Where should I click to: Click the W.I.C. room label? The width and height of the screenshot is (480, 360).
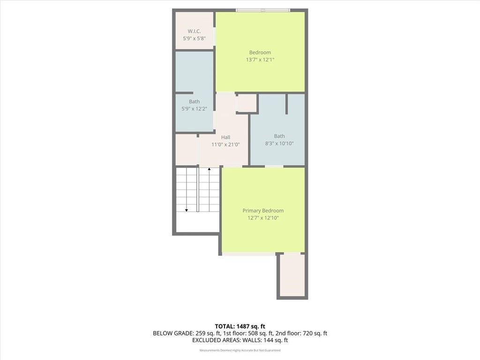click(194, 31)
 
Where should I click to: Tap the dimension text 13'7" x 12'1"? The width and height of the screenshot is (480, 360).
click(260, 60)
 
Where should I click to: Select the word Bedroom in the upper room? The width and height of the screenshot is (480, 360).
click(260, 52)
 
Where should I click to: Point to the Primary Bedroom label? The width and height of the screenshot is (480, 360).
click(263, 211)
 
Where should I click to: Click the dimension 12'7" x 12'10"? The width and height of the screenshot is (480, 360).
click(263, 218)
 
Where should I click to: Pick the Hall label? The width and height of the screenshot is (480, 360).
click(225, 137)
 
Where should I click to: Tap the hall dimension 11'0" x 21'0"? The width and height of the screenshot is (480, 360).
click(225, 144)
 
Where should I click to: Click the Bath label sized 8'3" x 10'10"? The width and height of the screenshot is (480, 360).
click(279, 136)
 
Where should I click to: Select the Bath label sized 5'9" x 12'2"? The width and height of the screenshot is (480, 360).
click(194, 102)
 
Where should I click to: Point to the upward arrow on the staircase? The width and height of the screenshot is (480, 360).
click(209, 169)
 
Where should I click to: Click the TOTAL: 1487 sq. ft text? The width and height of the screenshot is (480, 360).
click(240, 326)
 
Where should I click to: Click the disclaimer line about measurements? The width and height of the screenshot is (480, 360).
click(240, 350)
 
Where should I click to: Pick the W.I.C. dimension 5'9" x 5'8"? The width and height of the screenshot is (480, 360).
click(194, 38)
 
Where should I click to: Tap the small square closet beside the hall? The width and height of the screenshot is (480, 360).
click(247, 103)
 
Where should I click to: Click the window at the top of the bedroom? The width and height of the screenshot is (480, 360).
click(263, 10)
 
